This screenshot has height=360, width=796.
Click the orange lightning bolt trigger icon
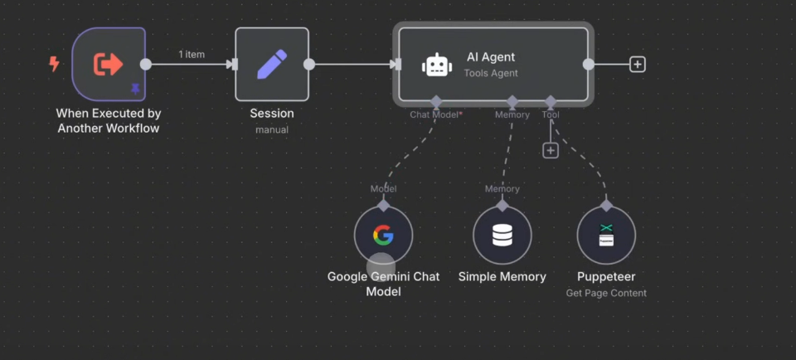click(x=55, y=64)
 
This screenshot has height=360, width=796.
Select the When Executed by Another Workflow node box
click(x=108, y=63)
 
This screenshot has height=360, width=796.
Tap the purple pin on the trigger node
click(x=135, y=89)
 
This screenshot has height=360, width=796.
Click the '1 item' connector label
click(x=192, y=55)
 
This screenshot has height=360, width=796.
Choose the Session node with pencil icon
click(x=272, y=64)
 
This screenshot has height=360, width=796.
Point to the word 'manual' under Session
click(x=272, y=129)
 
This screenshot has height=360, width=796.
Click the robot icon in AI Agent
click(x=437, y=65)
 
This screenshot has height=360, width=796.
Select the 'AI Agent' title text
click(x=491, y=57)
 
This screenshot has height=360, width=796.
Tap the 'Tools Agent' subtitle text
click(x=491, y=73)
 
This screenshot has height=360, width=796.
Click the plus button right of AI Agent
click(x=637, y=64)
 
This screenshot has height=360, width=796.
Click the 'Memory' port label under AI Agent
click(x=512, y=114)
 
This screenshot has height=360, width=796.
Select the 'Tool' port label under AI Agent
click(x=551, y=114)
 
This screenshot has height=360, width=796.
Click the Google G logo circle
click(x=383, y=236)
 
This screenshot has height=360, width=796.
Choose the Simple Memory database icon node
click(x=502, y=236)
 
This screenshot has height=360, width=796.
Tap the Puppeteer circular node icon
click(x=606, y=236)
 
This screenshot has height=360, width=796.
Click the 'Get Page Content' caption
click(x=606, y=293)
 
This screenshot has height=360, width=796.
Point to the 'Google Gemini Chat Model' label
click(x=383, y=284)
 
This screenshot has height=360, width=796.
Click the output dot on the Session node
click(x=309, y=64)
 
